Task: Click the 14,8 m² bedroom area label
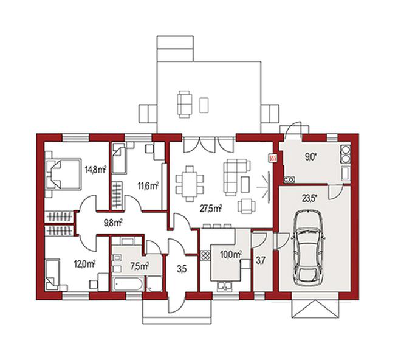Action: click(95, 170)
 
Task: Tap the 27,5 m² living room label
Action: click(211, 209)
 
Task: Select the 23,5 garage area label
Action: click(309, 198)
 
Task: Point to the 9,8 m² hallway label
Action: click(113, 223)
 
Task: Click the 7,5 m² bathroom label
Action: click(140, 266)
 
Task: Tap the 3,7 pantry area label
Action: click(260, 261)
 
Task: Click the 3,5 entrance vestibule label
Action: click(181, 269)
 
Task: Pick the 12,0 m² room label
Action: click(85, 263)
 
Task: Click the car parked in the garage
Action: click(309, 247)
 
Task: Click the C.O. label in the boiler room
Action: click(289, 179)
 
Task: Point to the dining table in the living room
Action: click(190, 184)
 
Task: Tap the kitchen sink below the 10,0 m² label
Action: click(225, 286)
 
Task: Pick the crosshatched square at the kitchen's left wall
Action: click(205, 255)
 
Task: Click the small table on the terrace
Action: click(204, 105)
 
